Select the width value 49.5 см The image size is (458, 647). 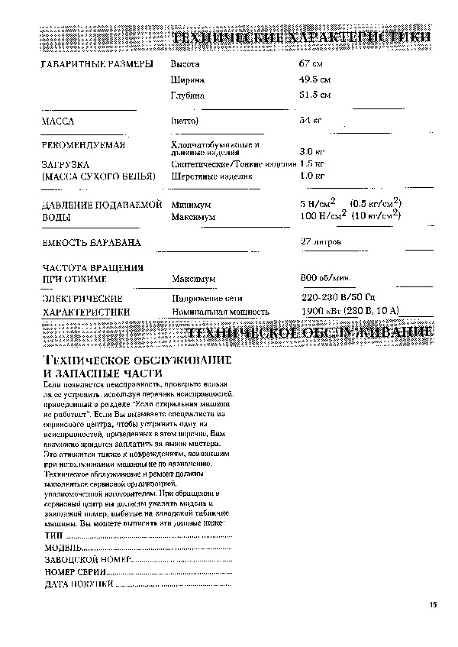(315, 79)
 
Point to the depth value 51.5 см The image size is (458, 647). (315, 95)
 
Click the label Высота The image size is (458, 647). (185, 63)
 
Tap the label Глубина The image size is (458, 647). (188, 95)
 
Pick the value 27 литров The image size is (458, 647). (321, 242)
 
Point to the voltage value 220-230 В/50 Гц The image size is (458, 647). (338, 296)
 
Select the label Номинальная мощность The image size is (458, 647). (221, 312)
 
